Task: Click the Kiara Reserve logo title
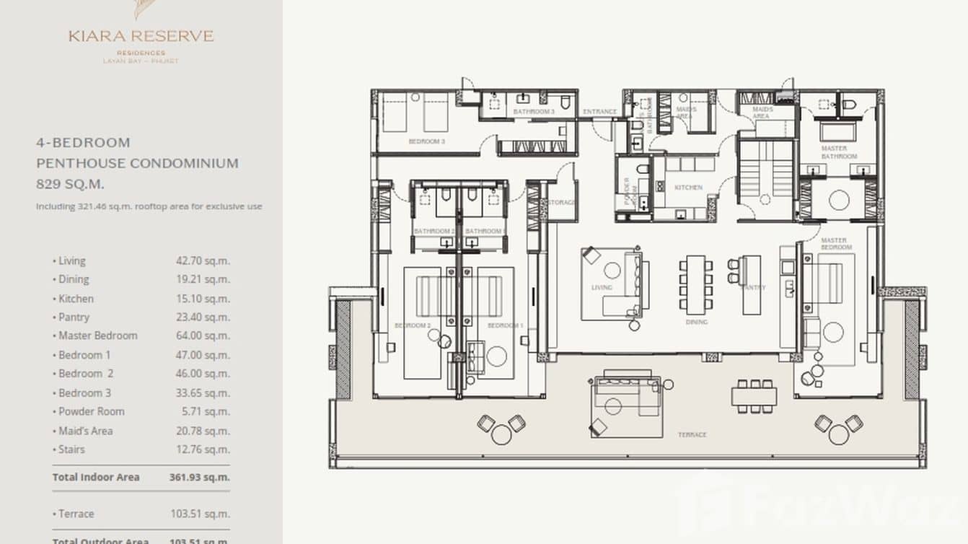[x=141, y=36]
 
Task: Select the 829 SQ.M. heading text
[x=70, y=184]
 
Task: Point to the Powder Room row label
[x=91, y=411]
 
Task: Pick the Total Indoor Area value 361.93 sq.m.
[x=199, y=477]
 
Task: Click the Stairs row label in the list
[x=71, y=449]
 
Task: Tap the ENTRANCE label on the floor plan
[x=599, y=112]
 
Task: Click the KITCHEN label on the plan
[x=688, y=188]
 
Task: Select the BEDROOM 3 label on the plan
[x=426, y=141]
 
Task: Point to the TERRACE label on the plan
[x=691, y=435]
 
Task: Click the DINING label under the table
[x=696, y=323]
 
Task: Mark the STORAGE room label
[x=562, y=203]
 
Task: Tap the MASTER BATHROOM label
[x=839, y=153]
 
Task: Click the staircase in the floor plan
[x=765, y=173]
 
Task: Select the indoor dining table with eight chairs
[x=695, y=283]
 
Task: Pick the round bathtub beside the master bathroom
[x=838, y=200]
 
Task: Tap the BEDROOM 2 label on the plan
[x=412, y=326]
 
